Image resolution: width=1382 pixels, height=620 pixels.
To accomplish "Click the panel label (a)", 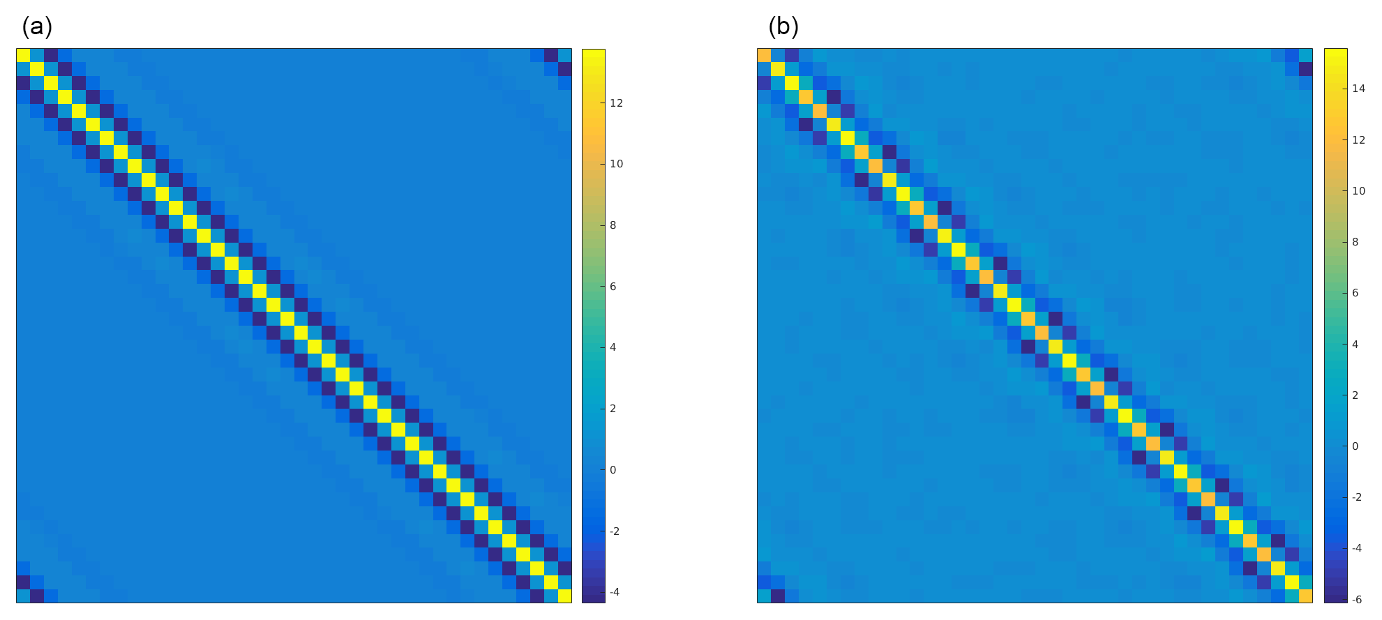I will click(x=37, y=27).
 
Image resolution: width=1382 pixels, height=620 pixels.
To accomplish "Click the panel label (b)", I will click(x=783, y=27).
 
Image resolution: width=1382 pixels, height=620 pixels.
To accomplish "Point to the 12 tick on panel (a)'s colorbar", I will click(x=616, y=103).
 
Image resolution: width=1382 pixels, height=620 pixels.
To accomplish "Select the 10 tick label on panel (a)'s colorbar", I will click(x=616, y=164).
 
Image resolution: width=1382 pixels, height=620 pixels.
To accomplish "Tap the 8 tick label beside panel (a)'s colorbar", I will click(x=613, y=225).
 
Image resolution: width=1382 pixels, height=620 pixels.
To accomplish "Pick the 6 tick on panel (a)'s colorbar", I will click(x=613, y=287).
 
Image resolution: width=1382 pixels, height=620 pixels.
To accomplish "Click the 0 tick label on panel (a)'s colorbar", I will click(x=613, y=470).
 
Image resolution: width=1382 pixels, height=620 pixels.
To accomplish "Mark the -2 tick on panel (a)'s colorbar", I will click(x=615, y=531).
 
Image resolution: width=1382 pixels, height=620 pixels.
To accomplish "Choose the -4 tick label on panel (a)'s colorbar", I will click(x=615, y=592).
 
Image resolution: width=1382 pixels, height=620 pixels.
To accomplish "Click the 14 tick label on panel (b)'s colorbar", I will click(x=1358, y=89).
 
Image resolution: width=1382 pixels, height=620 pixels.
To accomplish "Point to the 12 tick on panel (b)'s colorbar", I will click(x=1358, y=139).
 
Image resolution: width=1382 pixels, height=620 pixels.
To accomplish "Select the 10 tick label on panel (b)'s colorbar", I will click(x=1358, y=191).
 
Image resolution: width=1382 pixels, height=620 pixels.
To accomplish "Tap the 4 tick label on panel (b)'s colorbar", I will click(x=1355, y=344).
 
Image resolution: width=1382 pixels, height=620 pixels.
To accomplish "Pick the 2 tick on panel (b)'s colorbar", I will click(x=1355, y=395).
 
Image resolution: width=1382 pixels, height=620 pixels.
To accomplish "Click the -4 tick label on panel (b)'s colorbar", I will click(x=1357, y=548).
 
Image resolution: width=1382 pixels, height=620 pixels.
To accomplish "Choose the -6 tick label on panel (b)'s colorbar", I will click(x=1357, y=599).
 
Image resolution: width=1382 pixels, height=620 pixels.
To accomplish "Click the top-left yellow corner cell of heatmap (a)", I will click(x=23, y=55).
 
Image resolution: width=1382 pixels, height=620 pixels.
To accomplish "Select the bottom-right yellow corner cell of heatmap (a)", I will click(x=564, y=596).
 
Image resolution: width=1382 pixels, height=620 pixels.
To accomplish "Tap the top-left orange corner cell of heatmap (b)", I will click(x=764, y=55).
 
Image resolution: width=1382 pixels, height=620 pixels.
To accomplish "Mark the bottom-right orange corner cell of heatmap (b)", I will click(x=1305, y=596).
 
